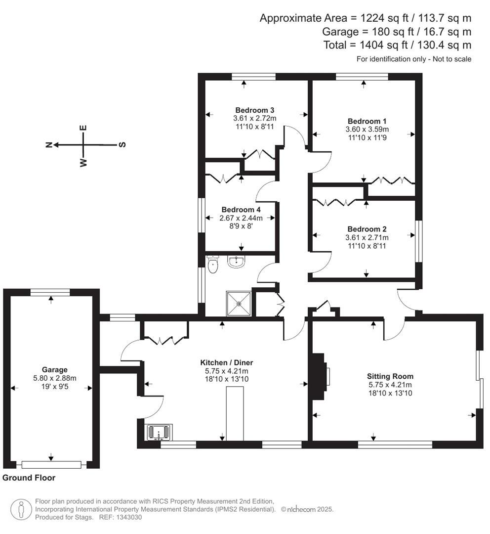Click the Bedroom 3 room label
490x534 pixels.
(254, 110)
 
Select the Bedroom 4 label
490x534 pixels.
(241, 209)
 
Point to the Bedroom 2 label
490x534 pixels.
(367, 229)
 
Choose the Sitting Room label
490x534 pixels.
(390, 376)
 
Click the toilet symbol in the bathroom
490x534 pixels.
(213, 265)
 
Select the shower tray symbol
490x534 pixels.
(239, 302)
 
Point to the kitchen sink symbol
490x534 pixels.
(158, 432)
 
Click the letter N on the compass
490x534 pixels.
(49, 145)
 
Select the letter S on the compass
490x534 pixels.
(122, 145)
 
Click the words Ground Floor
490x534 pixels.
(29, 478)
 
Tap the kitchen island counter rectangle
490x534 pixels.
(236, 413)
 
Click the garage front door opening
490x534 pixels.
(51, 464)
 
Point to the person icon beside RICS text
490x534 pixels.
(21, 509)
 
